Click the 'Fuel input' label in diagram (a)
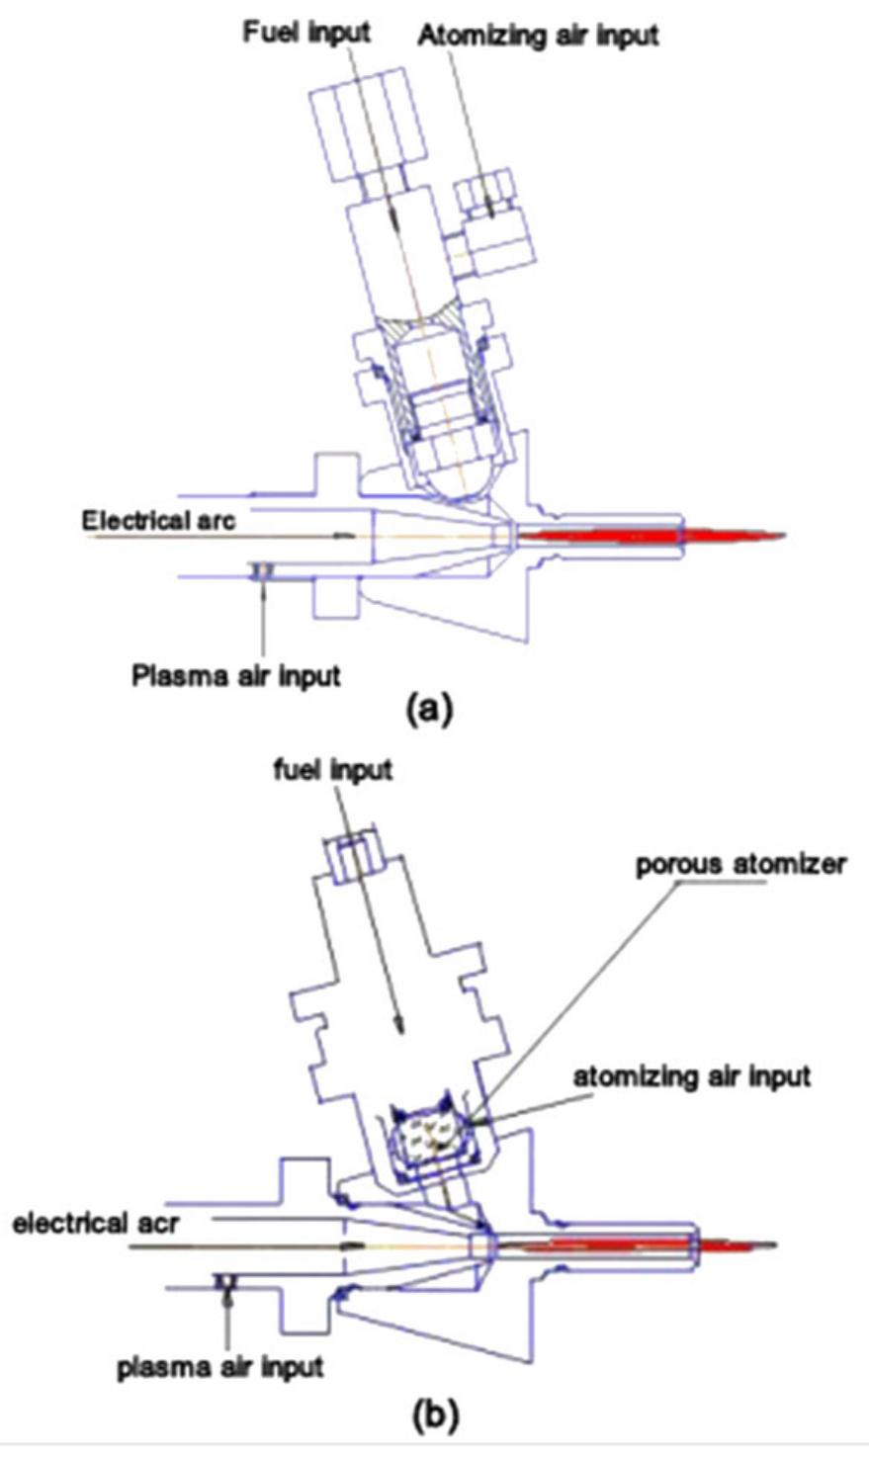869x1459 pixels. point(306,32)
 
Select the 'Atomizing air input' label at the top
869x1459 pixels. point(537,37)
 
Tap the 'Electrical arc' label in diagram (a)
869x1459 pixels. point(158,520)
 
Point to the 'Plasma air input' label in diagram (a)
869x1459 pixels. point(236,676)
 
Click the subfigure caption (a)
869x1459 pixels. point(430,710)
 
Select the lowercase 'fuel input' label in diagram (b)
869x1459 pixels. point(333,769)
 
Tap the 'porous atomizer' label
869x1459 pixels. point(740,864)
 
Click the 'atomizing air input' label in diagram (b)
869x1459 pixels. point(692,1075)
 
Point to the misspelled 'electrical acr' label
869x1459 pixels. point(95,1224)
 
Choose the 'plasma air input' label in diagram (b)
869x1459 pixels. point(220,1368)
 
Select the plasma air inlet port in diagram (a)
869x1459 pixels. point(264,570)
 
